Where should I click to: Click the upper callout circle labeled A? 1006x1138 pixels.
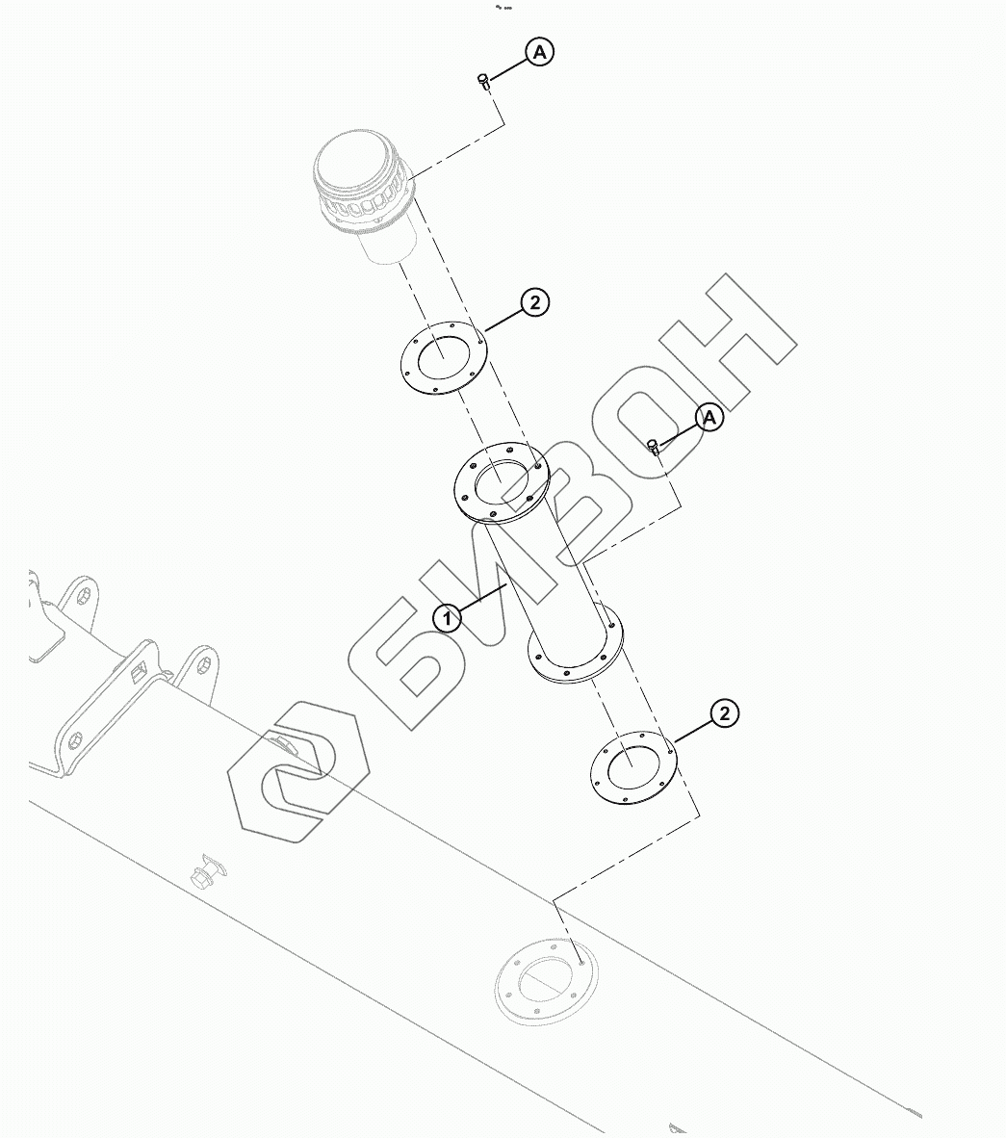point(539,53)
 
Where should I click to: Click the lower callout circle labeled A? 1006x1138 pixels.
point(709,418)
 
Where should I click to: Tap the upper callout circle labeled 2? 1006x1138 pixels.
point(534,302)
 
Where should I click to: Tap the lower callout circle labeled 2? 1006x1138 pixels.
point(724,713)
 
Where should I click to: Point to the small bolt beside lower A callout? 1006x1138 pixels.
point(654,445)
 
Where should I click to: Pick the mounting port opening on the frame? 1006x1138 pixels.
point(546,982)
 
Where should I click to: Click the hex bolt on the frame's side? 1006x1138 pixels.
point(203,875)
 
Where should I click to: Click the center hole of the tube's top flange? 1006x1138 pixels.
point(501,478)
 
